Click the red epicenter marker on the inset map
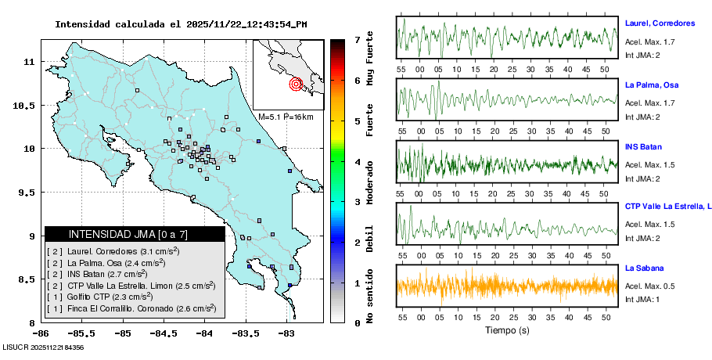click(296, 84)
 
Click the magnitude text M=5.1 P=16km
click(286, 117)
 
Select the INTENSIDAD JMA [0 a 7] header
click(135, 234)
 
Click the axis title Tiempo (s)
click(508, 330)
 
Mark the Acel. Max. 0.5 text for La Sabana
click(650, 286)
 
